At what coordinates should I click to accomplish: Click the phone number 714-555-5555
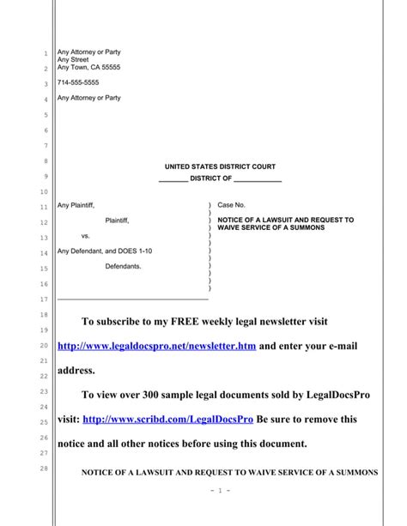(77, 82)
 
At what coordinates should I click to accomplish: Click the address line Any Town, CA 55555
(88, 68)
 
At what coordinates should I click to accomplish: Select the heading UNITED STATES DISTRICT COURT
(220, 166)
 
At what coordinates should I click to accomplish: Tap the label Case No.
(232, 206)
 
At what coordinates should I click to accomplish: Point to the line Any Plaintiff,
(76, 206)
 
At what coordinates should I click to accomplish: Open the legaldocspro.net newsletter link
(156, 346)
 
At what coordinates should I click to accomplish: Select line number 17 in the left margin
(45, 299)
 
